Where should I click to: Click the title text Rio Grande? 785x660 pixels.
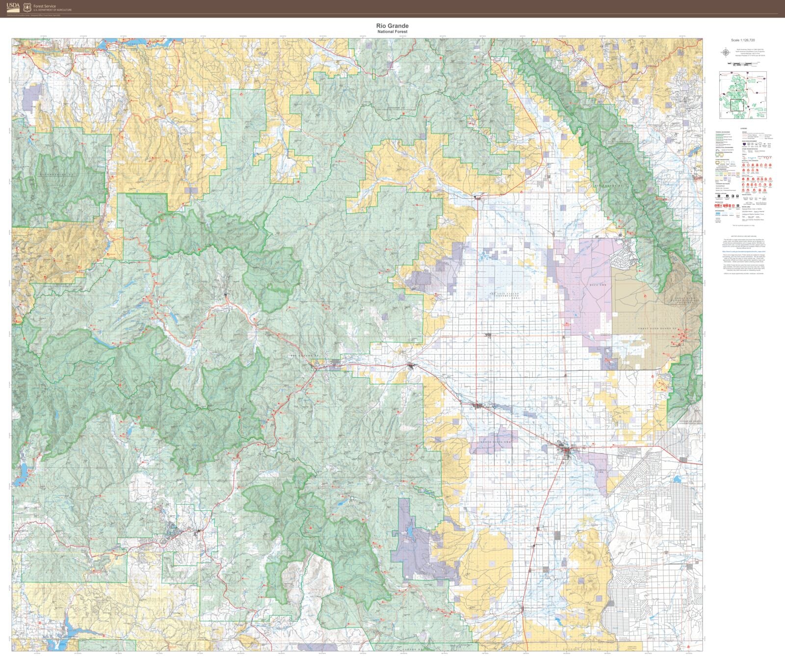click(x=392, y=26)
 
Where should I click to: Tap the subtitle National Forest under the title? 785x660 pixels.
click(x=392, y=32)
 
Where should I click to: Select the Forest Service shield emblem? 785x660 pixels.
click(x=26, y=6)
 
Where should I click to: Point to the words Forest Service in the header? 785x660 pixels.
click(x=44, y=6)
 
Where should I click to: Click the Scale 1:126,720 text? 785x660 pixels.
click(x=742, y=40)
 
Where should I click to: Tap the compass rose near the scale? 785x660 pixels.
click(x=725, y=53)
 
